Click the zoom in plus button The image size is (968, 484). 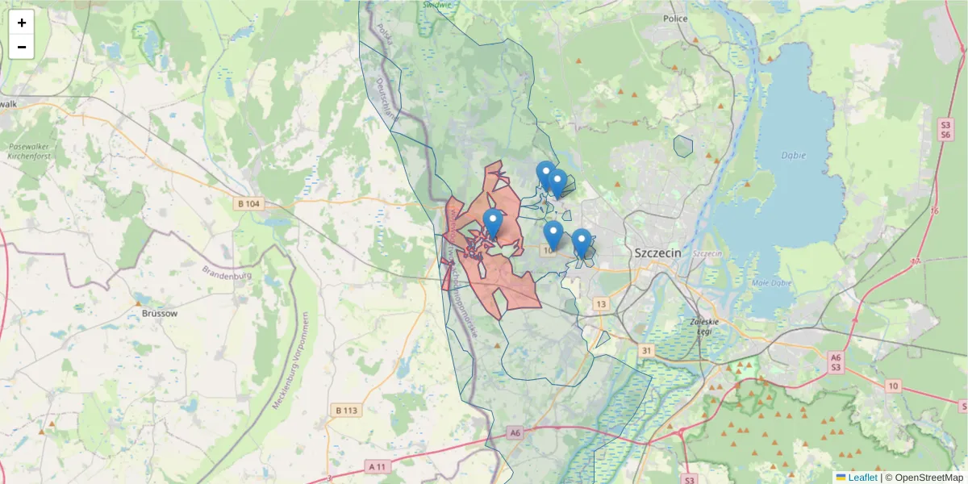pos(22,23)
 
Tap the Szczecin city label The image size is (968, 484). pos(657,252)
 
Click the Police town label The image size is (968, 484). pos(674,18)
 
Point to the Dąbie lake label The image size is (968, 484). pos(794,155)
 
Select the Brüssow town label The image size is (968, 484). pos(159,312)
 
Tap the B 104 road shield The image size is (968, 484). pos(249,204)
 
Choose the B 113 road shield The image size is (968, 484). pos(345,411)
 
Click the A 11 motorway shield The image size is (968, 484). pos(378,466)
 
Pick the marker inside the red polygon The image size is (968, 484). pos(493,223)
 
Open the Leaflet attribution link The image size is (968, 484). pos(862,478)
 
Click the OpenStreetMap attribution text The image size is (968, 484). pos(926,478)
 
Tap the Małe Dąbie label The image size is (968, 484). pos(770,283)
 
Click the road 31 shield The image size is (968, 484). pos(647,350)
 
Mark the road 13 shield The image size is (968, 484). pos(601,303)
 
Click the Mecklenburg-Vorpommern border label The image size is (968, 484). pos(290,361)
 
